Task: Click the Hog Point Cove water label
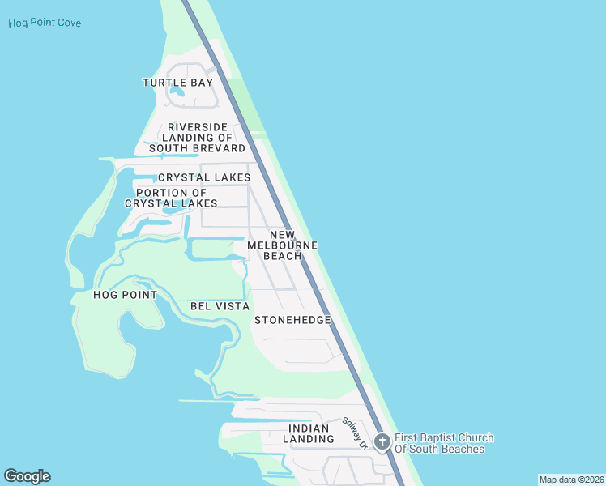point(45,23)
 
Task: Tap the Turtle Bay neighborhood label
point(177,83)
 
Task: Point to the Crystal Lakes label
point(204,177)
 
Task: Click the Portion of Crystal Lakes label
point(171,198)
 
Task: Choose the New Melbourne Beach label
point(282,245)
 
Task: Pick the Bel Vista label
point(220,306)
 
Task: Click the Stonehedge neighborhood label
point(292,320)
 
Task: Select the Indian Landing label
point(308,433)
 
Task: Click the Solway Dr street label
point(355,433)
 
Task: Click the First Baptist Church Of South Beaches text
point(443,444)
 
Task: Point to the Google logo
point(27,476)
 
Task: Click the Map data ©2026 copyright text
point(571,480)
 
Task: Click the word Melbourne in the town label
point(282,245)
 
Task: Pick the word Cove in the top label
point(69,23)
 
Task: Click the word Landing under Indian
point(309,439)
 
